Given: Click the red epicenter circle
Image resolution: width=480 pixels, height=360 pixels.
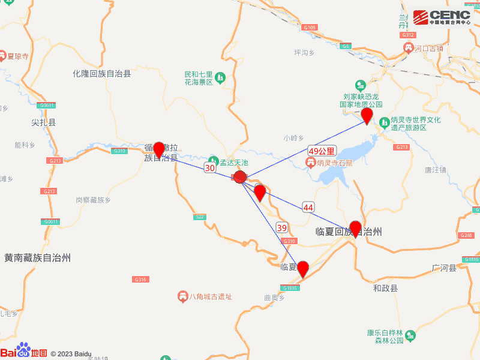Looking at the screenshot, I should [240, 177].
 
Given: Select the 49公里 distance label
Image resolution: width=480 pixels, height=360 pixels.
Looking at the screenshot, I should [322, 151].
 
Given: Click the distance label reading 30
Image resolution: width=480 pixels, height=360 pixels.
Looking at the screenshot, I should [210, 168].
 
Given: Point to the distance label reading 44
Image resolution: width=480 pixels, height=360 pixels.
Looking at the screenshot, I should [308, 207].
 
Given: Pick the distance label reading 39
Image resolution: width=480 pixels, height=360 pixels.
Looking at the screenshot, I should [282, 227].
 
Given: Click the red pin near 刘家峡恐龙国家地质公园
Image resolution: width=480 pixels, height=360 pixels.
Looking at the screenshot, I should [367, 115].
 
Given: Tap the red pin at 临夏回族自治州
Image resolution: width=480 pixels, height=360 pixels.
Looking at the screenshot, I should [355, 229].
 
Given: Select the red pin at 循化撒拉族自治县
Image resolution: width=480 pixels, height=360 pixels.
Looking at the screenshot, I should [159, 149].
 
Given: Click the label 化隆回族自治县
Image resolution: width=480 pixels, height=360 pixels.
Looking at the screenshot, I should [102, 73].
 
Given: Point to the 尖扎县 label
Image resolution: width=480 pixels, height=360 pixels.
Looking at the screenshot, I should [43, 122].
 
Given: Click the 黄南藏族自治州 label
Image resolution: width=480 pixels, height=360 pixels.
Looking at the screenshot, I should [37, 258].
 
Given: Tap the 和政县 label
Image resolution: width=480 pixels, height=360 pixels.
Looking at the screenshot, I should [385, 289].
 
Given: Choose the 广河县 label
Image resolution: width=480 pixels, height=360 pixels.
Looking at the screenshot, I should [444, 268].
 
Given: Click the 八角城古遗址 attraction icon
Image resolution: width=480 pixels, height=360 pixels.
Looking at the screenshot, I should [182, 296].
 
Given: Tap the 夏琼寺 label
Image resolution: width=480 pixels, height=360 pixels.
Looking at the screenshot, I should [18, 56].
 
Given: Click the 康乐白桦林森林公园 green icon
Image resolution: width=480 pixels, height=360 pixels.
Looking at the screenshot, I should [410, 335].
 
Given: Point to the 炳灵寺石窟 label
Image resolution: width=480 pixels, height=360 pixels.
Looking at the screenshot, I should [335, 163].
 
